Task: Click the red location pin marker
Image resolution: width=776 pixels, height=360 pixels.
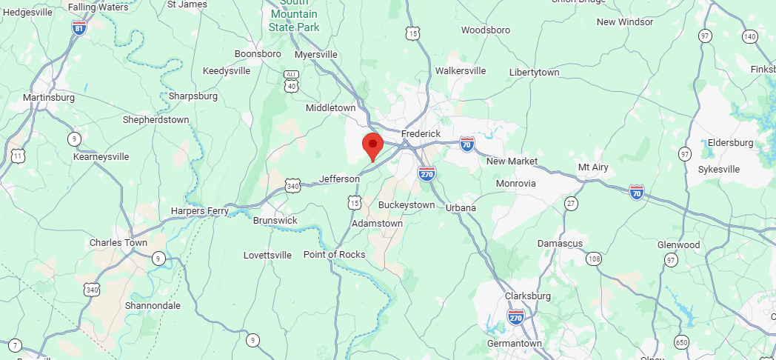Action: pos(372,145)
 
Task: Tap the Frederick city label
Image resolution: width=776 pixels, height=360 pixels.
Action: pos(421,133)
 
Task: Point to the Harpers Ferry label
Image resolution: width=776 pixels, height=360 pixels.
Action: pos(199,211)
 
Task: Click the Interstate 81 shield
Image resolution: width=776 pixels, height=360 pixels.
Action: pos(78,27)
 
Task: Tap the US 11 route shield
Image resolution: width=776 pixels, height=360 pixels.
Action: pos(18,156)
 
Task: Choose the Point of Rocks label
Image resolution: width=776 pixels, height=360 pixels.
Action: pos(335,255)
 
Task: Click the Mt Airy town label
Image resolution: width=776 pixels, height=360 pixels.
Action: pos(592,167)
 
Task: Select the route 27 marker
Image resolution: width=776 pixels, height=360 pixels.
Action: pos(571,204)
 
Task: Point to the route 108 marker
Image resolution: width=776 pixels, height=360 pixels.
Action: pos(593,259)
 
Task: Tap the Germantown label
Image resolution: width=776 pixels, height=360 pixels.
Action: pos(515,344)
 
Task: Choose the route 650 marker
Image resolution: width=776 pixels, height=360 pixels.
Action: pos(682,341)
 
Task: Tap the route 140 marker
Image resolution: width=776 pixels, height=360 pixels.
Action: pos(750,36)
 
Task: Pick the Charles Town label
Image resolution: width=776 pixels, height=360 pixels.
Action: pos(118,243)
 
